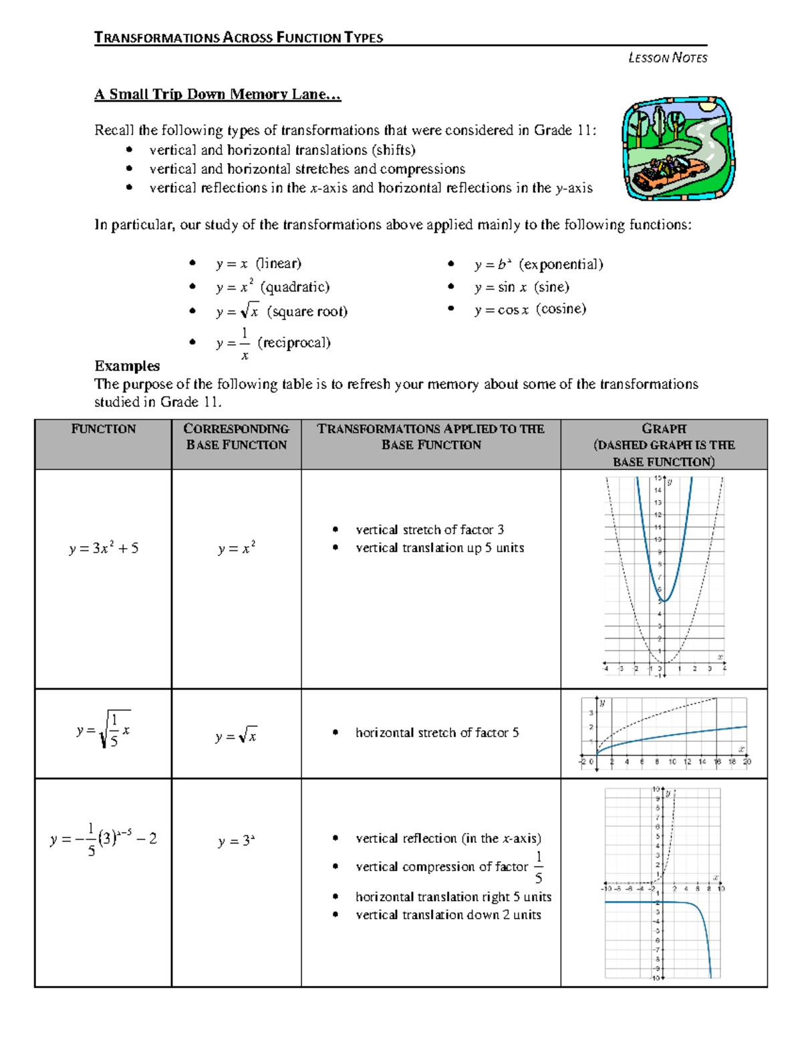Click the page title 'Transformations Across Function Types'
[x=239, y=37]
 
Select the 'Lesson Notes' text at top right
[x=667, y=58]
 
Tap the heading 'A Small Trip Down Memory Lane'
[x=217, y=94]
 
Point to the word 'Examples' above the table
[x=127, y=366]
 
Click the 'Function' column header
[x=103, y=429]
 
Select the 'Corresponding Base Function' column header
[x=236, y=436]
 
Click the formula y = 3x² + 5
[x=104, y=548]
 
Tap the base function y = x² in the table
[x=237, y=548]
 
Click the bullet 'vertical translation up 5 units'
[x=439, y=548]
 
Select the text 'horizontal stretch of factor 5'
[x=436, y=733]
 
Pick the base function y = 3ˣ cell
[x=237, y=841]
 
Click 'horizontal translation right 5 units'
[x=453, y=897]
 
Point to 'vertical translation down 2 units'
[x=448, y=915]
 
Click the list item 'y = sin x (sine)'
[x=521, y=287]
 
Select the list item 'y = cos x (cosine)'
[x=529, y=309]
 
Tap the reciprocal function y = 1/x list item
[x=273, y=343]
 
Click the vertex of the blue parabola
[x=664, y=601]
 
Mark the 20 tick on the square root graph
[x=747, y=761]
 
